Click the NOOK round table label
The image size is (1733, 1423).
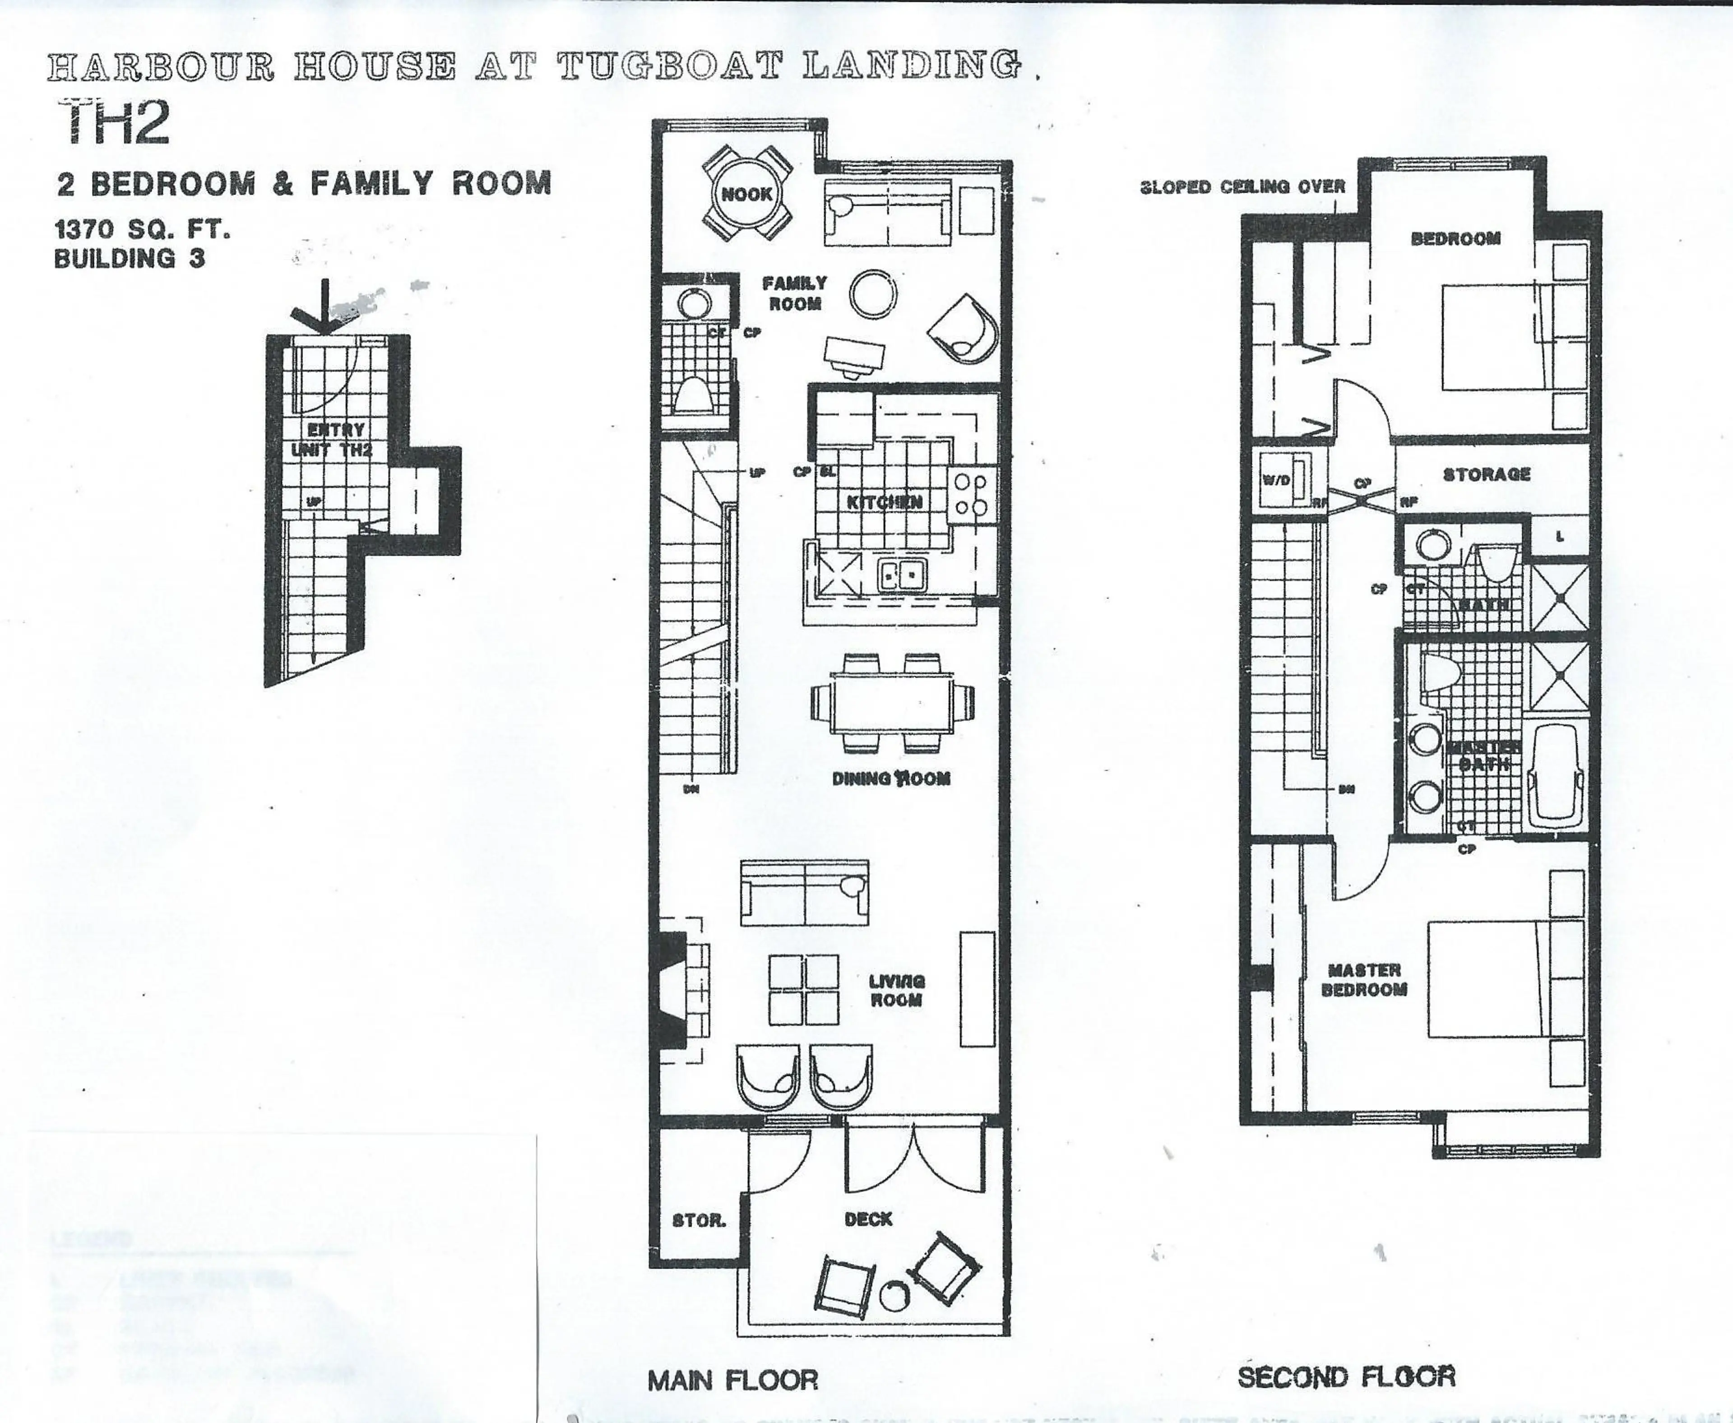tap(746, 194)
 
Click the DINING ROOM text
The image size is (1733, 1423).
tap(891, 778)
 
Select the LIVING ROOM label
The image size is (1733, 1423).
tap(897, 990)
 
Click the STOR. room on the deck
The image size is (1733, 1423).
tap(699, 1220)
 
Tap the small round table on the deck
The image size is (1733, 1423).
tap(894, 1296)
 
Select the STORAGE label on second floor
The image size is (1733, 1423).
tap(1486, 474)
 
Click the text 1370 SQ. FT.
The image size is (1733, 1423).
tap(142, 230)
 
